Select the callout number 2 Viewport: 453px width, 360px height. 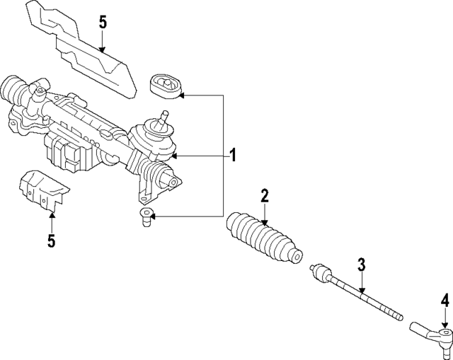265,195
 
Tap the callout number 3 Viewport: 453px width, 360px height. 361,265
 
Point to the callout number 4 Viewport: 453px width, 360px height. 445,301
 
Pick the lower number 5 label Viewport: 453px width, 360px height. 51,240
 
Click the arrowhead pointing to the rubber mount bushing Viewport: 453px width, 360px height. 181,95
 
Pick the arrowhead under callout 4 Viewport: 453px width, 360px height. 445,323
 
